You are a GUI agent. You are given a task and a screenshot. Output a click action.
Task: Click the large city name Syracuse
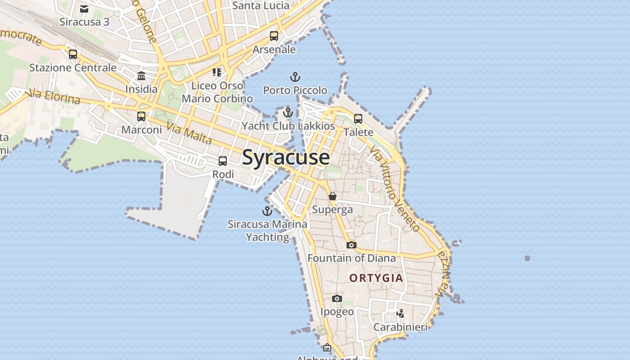point(286,157)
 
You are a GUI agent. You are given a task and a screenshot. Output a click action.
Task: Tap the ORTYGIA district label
point(376,278)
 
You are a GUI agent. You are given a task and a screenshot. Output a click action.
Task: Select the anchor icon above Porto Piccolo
point(295,77)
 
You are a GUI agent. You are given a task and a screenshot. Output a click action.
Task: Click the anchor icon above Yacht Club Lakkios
point(288,112)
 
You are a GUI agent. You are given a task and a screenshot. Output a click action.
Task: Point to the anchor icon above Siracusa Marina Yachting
point(267,211)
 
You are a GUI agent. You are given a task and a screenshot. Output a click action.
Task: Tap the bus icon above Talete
point(358,119)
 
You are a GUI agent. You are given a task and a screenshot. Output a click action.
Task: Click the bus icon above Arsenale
point(274,36)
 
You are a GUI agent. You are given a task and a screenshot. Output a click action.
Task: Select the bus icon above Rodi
point(223,161)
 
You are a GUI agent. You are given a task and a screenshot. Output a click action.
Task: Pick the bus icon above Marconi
point(141,117)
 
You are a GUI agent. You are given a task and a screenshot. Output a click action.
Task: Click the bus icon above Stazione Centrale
point(73,54)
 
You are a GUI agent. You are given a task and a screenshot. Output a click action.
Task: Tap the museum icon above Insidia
point(141,76)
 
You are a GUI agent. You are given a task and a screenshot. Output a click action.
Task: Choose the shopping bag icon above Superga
point(333,196)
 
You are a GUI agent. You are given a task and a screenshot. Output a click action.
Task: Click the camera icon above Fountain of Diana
point(351,245)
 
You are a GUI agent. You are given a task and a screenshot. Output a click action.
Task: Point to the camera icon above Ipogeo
point(337,298)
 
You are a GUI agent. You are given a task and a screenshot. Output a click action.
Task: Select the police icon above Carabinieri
point(400,313)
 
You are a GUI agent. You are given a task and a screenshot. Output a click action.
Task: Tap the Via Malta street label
point(189,133)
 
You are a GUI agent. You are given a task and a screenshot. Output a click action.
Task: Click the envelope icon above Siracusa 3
point(84,9)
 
